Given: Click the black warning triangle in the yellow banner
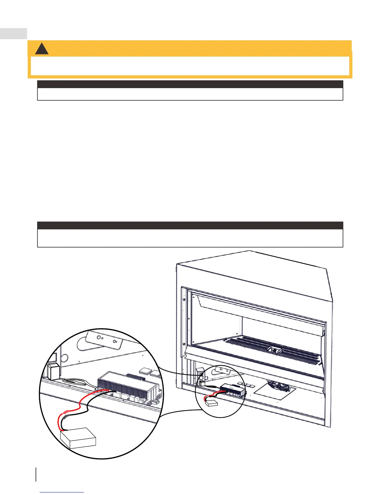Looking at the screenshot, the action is click(42, 49).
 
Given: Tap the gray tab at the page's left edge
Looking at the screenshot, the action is click(13, 33).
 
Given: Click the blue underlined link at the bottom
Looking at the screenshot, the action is click(62, 492).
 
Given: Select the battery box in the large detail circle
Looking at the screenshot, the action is click(78, 438).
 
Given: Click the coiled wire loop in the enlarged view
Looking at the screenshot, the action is click(74, 381).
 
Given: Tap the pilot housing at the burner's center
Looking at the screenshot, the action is click(275, 350).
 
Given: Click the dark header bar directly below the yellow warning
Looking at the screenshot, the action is click(190, 84).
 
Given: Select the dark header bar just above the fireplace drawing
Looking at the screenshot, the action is click(190, 225).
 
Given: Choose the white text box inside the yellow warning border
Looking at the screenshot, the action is click(190, 66).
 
